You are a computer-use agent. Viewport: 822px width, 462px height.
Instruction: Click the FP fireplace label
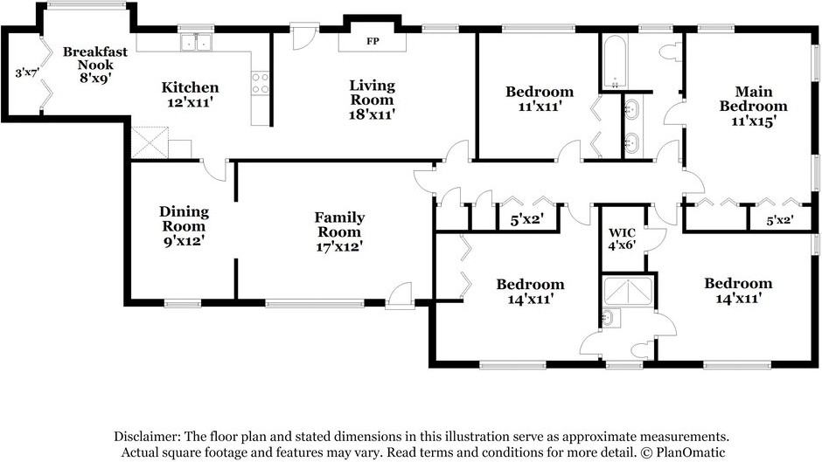point(373,41)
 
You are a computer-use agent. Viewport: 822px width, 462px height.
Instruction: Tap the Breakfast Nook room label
point(95,59)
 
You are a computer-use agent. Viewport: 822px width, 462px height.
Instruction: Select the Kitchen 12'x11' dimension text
point(190,102)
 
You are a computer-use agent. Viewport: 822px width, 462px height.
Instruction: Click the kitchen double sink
point(197,42)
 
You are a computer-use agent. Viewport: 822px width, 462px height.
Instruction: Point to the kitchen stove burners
point(261,84)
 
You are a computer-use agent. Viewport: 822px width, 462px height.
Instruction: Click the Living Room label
point(373,93)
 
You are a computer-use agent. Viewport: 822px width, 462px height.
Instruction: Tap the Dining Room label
point(184,219)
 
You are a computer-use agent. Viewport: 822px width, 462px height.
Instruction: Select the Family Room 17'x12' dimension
point(339,246)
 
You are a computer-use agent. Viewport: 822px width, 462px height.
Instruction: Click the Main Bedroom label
point(753,99)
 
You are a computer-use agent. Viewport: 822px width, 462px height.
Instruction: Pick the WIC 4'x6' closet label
point(623,238)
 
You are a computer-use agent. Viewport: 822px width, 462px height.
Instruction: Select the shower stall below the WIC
point(628,292)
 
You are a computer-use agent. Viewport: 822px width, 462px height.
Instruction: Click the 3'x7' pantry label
point(27,72)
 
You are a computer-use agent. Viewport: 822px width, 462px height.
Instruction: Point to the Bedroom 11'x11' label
point(540,99)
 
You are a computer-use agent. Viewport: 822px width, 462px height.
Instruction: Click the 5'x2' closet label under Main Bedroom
point(779,221)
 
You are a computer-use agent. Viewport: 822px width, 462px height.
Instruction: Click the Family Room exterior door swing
point(400,294)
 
